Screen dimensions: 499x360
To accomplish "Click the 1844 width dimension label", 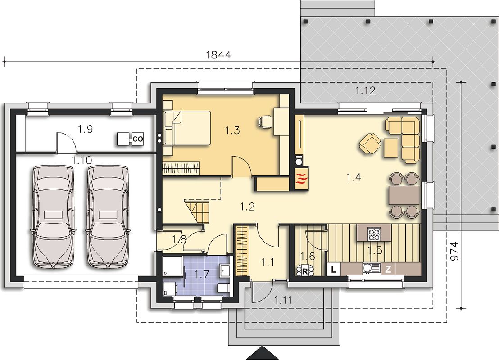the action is tap(218, 55).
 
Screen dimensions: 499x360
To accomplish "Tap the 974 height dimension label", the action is tap(454, 251).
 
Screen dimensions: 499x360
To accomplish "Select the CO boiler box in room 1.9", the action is tap(137, 139).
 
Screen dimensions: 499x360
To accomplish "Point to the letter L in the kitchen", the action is tap(333, 270).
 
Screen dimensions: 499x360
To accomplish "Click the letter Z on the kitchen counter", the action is tap(388, 270).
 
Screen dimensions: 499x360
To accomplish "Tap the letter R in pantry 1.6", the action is tap(304, 271).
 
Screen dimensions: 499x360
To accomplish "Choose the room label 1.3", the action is tap(232, 130).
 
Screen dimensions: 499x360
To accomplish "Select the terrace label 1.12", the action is tap(365, 91).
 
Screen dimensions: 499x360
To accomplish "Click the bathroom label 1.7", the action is tap(202, 274).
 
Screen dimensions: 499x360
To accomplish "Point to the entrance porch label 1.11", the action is tap(283, 300).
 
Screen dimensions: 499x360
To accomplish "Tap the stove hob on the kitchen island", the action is tap(374, 234).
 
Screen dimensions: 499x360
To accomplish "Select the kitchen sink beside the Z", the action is tap(372, 268).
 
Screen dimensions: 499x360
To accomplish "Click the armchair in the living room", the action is tap(370, 144).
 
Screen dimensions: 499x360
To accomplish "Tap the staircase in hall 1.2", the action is tap(197, 211).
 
